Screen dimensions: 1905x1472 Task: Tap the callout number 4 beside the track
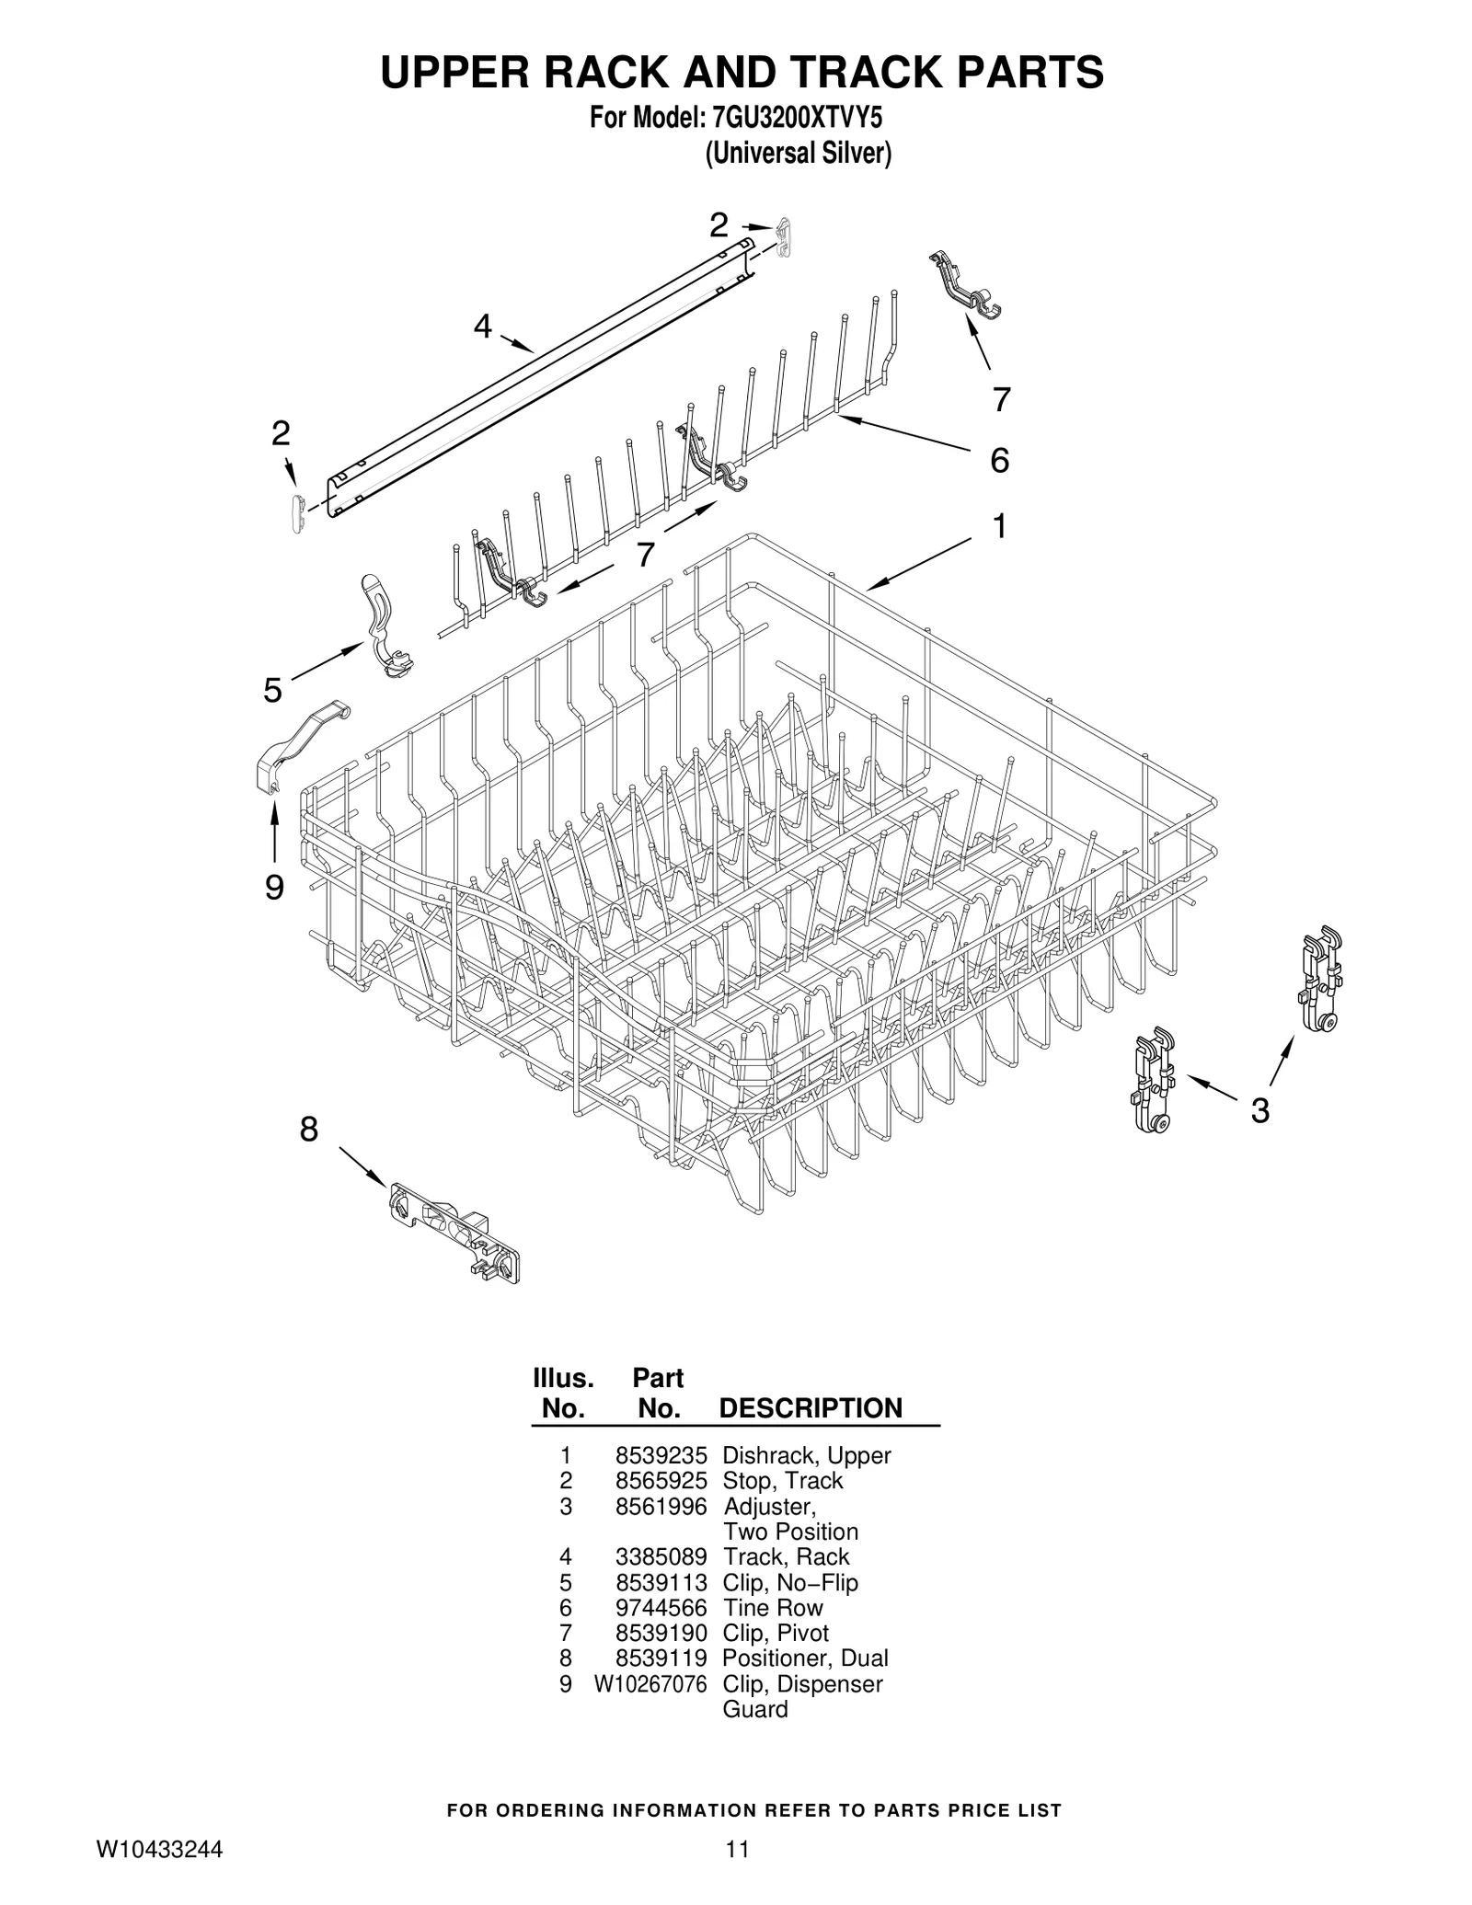[x=483, y=326]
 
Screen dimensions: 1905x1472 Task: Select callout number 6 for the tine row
[x=999, y=459]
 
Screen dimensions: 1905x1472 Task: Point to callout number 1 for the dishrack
[x=998, y=527]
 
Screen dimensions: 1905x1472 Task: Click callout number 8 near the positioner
[x=309, y=1129]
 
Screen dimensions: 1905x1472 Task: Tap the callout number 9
[x=274, y=888]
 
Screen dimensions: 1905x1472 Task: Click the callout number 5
[x=272, y=689]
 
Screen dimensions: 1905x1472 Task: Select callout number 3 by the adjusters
[x=1259, y=1110]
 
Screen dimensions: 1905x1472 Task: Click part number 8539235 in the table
[x=661, y=1456]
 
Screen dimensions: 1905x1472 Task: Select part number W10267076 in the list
[x=650, y=1684]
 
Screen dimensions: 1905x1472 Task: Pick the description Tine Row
[x=773, y=1608]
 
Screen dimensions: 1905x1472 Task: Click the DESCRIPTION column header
[x=810, y=1408]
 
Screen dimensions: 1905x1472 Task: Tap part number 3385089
[x=661, y=1556]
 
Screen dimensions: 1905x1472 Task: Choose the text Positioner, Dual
[x=805, y=1658]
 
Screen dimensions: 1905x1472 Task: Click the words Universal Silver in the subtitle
[x=798, y=153]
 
